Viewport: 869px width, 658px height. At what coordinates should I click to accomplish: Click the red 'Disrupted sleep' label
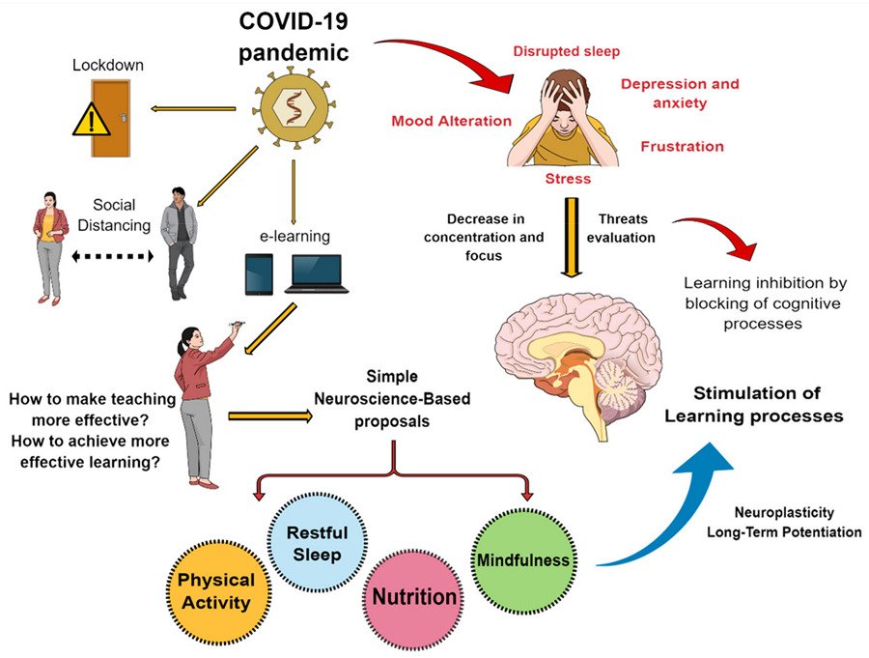point(566,51)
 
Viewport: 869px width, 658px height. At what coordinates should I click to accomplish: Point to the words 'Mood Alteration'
point(451,122)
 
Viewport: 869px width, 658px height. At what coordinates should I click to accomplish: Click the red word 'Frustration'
point(682,147)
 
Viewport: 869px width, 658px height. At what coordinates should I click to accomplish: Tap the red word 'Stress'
point(568,179)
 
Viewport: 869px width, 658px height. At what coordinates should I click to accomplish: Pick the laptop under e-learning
point(316,274)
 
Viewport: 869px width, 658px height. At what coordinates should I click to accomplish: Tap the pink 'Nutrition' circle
point(414,597)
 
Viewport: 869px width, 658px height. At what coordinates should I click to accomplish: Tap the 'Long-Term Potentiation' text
point(784,533)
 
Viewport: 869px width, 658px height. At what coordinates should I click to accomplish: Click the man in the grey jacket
point(179,242)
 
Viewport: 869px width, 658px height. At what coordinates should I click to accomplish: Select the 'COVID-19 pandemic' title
point(293,36)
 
